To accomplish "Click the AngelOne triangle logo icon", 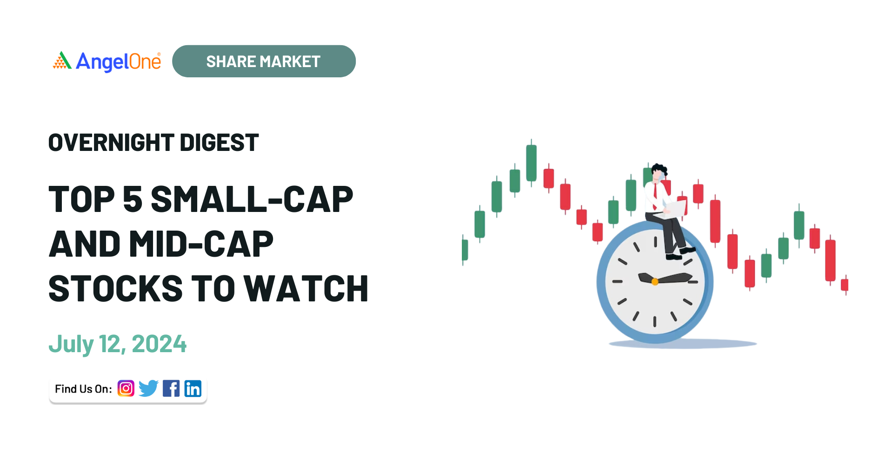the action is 62,61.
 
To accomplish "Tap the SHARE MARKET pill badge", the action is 264,61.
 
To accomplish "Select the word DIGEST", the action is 219,143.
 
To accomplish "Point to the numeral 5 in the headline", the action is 133,199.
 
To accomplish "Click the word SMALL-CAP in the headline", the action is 252,199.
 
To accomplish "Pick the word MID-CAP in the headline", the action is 201,244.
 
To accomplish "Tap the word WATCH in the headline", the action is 306,289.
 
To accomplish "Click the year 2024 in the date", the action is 159,344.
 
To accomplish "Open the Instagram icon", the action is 126,389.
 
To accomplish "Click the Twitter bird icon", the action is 148,389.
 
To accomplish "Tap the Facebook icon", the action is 171,389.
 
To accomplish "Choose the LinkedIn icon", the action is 193,389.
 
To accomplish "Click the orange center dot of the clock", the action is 655,281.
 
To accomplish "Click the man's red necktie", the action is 655,196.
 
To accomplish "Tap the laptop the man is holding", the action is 676,209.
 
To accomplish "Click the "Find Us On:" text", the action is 83,389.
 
